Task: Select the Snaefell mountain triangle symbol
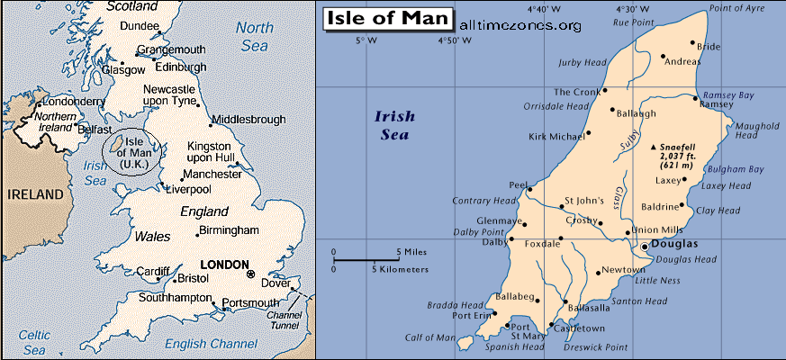point(654,146)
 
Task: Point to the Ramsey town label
point(716,104)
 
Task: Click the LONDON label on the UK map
point(222,265)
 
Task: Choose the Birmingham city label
point(234,230)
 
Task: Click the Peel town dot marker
point(530,189)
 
